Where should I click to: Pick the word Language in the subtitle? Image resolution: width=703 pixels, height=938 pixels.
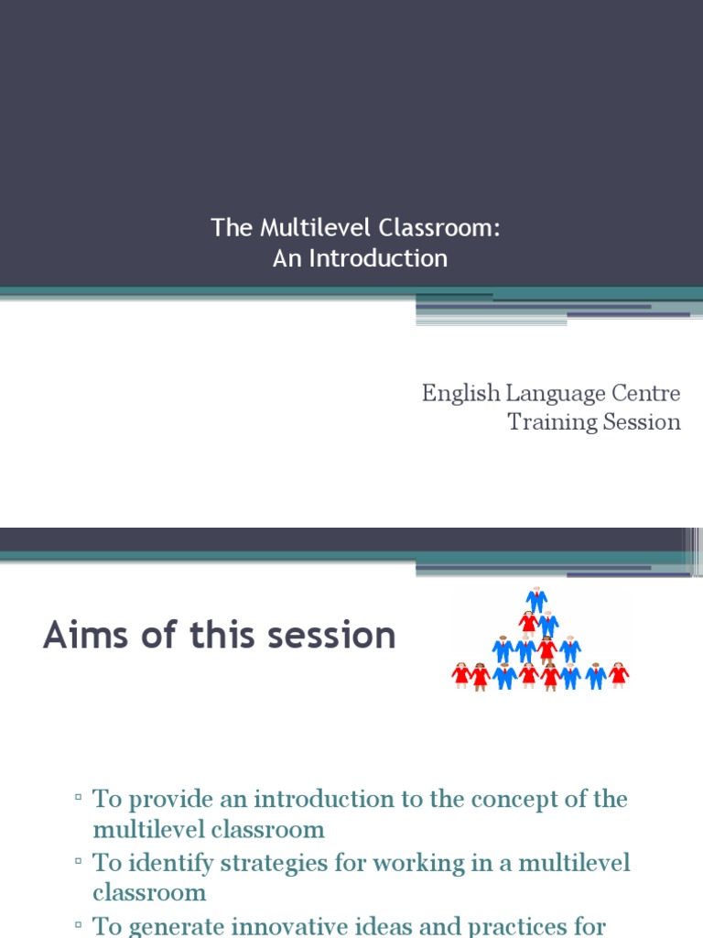[556, 395]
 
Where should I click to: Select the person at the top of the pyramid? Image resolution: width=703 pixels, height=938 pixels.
[536, 599]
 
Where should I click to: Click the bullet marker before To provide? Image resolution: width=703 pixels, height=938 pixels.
[80, 799]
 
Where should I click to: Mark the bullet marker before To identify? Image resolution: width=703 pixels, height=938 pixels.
[80, 863]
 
